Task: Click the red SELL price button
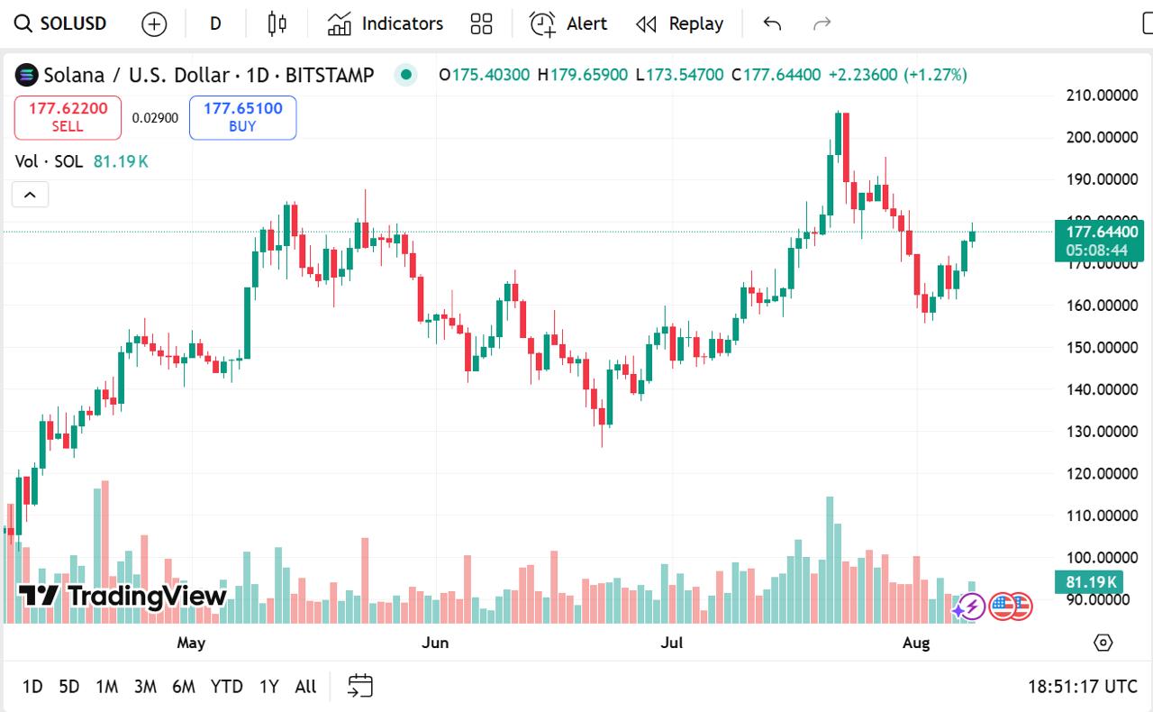[68, 118]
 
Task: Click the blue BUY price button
[242, 118]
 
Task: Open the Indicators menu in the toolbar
[386, 23]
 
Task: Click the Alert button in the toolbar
[568, 23]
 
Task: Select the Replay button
[680, 23]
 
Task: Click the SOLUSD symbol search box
[60, 23]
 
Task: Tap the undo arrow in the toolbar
[772, 23]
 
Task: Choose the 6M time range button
[184, 687]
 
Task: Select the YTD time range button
[227, 687]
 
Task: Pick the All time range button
[305, 687]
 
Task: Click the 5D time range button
[68, 687]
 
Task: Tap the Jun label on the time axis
[435, 643]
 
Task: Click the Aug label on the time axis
[915, 643]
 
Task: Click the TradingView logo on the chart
[123, 596]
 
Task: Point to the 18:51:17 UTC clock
[1082, 687]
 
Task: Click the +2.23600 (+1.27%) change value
[897, 75]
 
